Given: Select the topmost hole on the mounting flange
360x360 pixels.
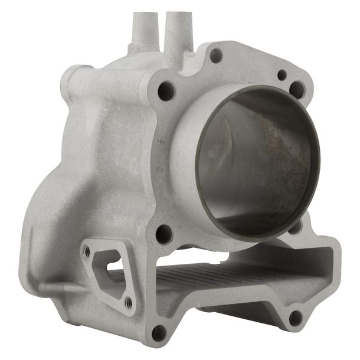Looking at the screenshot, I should click(x=217, y=55).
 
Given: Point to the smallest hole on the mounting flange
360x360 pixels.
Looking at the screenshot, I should click(x=282, y=75).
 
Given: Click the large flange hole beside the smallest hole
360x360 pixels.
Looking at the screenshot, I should click(x=297, y=89).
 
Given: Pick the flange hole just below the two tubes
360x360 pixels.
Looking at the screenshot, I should click(x=167, y=90).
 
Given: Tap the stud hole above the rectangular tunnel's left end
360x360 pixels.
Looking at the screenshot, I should click(x=164, y=233).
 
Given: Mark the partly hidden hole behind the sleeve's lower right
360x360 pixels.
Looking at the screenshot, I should click(x=295, y=226).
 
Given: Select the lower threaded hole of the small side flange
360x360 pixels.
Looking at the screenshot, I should click(x=129, y=303).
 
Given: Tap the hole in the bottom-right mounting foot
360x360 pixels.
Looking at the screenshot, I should click(x=294, y=319).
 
